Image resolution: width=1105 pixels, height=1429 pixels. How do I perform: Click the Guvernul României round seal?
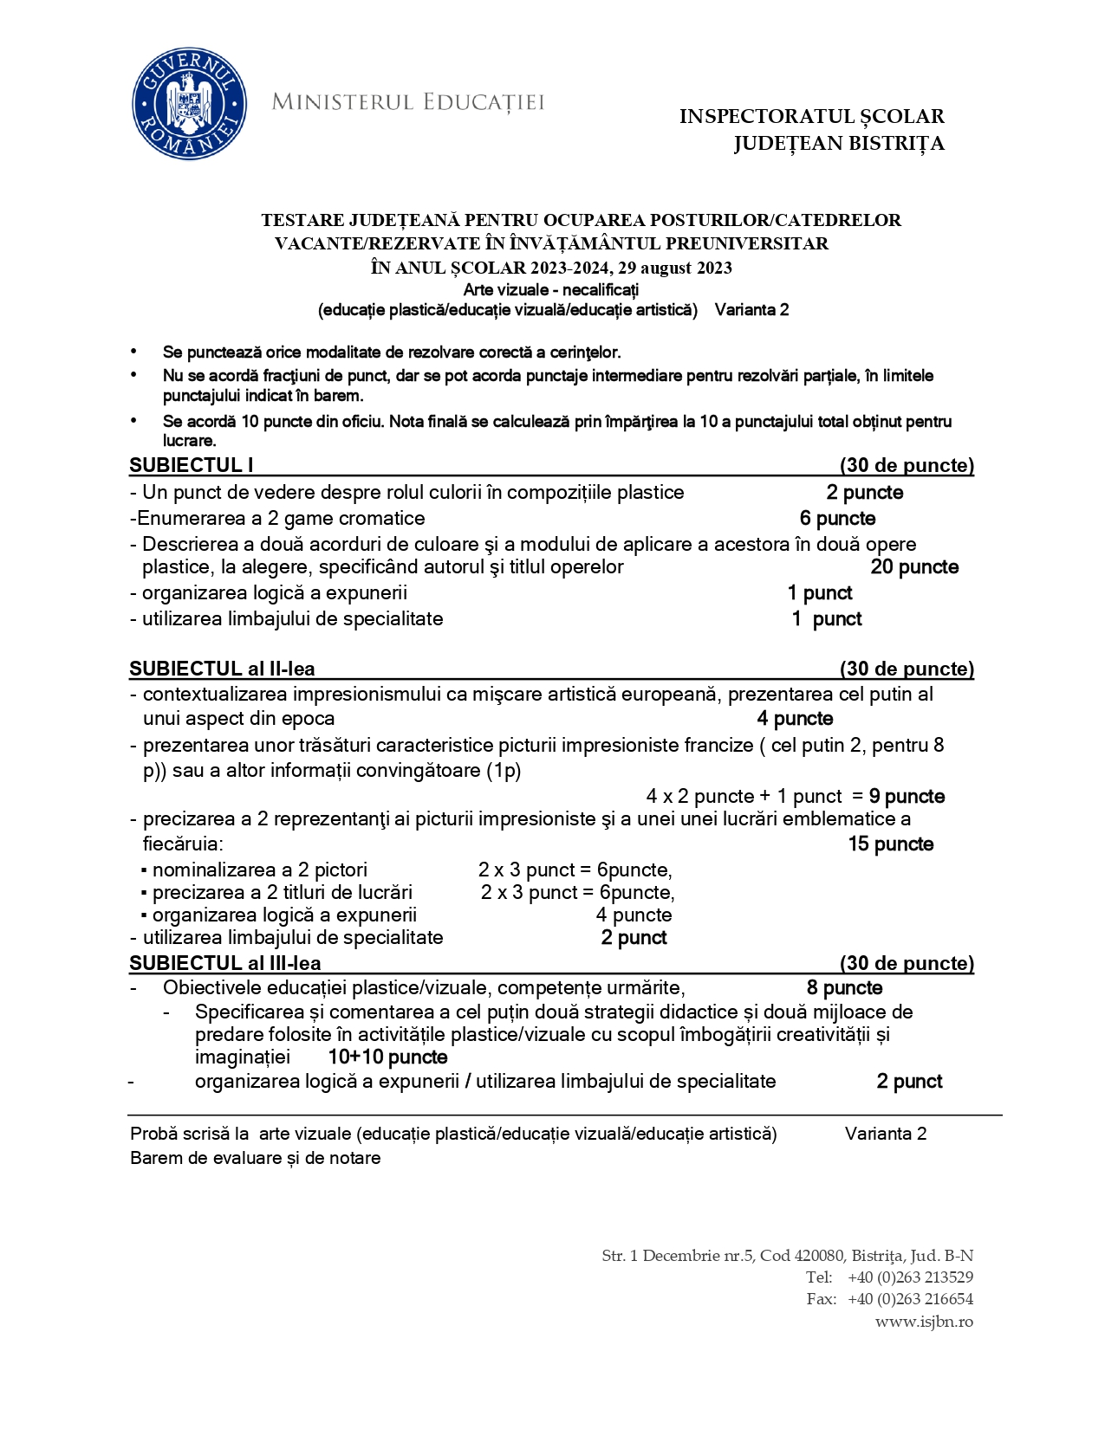click(189, 104)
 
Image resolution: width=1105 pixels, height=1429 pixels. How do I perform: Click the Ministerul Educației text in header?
click(407, 102)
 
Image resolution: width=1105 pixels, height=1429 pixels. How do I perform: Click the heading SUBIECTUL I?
click(192, 465)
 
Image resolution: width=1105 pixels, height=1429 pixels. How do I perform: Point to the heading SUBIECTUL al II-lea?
click(222, 669)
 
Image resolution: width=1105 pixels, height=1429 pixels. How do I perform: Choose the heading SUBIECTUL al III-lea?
click(225, 963)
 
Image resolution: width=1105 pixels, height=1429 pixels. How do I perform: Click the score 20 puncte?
click(914, 567)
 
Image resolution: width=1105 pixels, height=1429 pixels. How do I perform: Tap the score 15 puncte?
click(890, 844)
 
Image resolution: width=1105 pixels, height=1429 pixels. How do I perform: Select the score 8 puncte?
click(844, 988)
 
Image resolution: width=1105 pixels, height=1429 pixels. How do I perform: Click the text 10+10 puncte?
click(387, 1057)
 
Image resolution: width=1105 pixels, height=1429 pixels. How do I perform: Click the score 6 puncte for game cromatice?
click(837, 519)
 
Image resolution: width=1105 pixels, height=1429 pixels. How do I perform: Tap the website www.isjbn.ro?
click(924, 1322)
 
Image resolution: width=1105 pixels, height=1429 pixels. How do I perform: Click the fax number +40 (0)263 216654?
click(910, 1299)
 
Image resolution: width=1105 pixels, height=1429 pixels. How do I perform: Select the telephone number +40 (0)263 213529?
click(910, 1277)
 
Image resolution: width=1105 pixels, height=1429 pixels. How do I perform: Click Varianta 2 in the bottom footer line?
click(885, 1134)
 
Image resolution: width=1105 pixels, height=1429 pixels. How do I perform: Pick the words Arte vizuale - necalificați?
click(550, 289)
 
